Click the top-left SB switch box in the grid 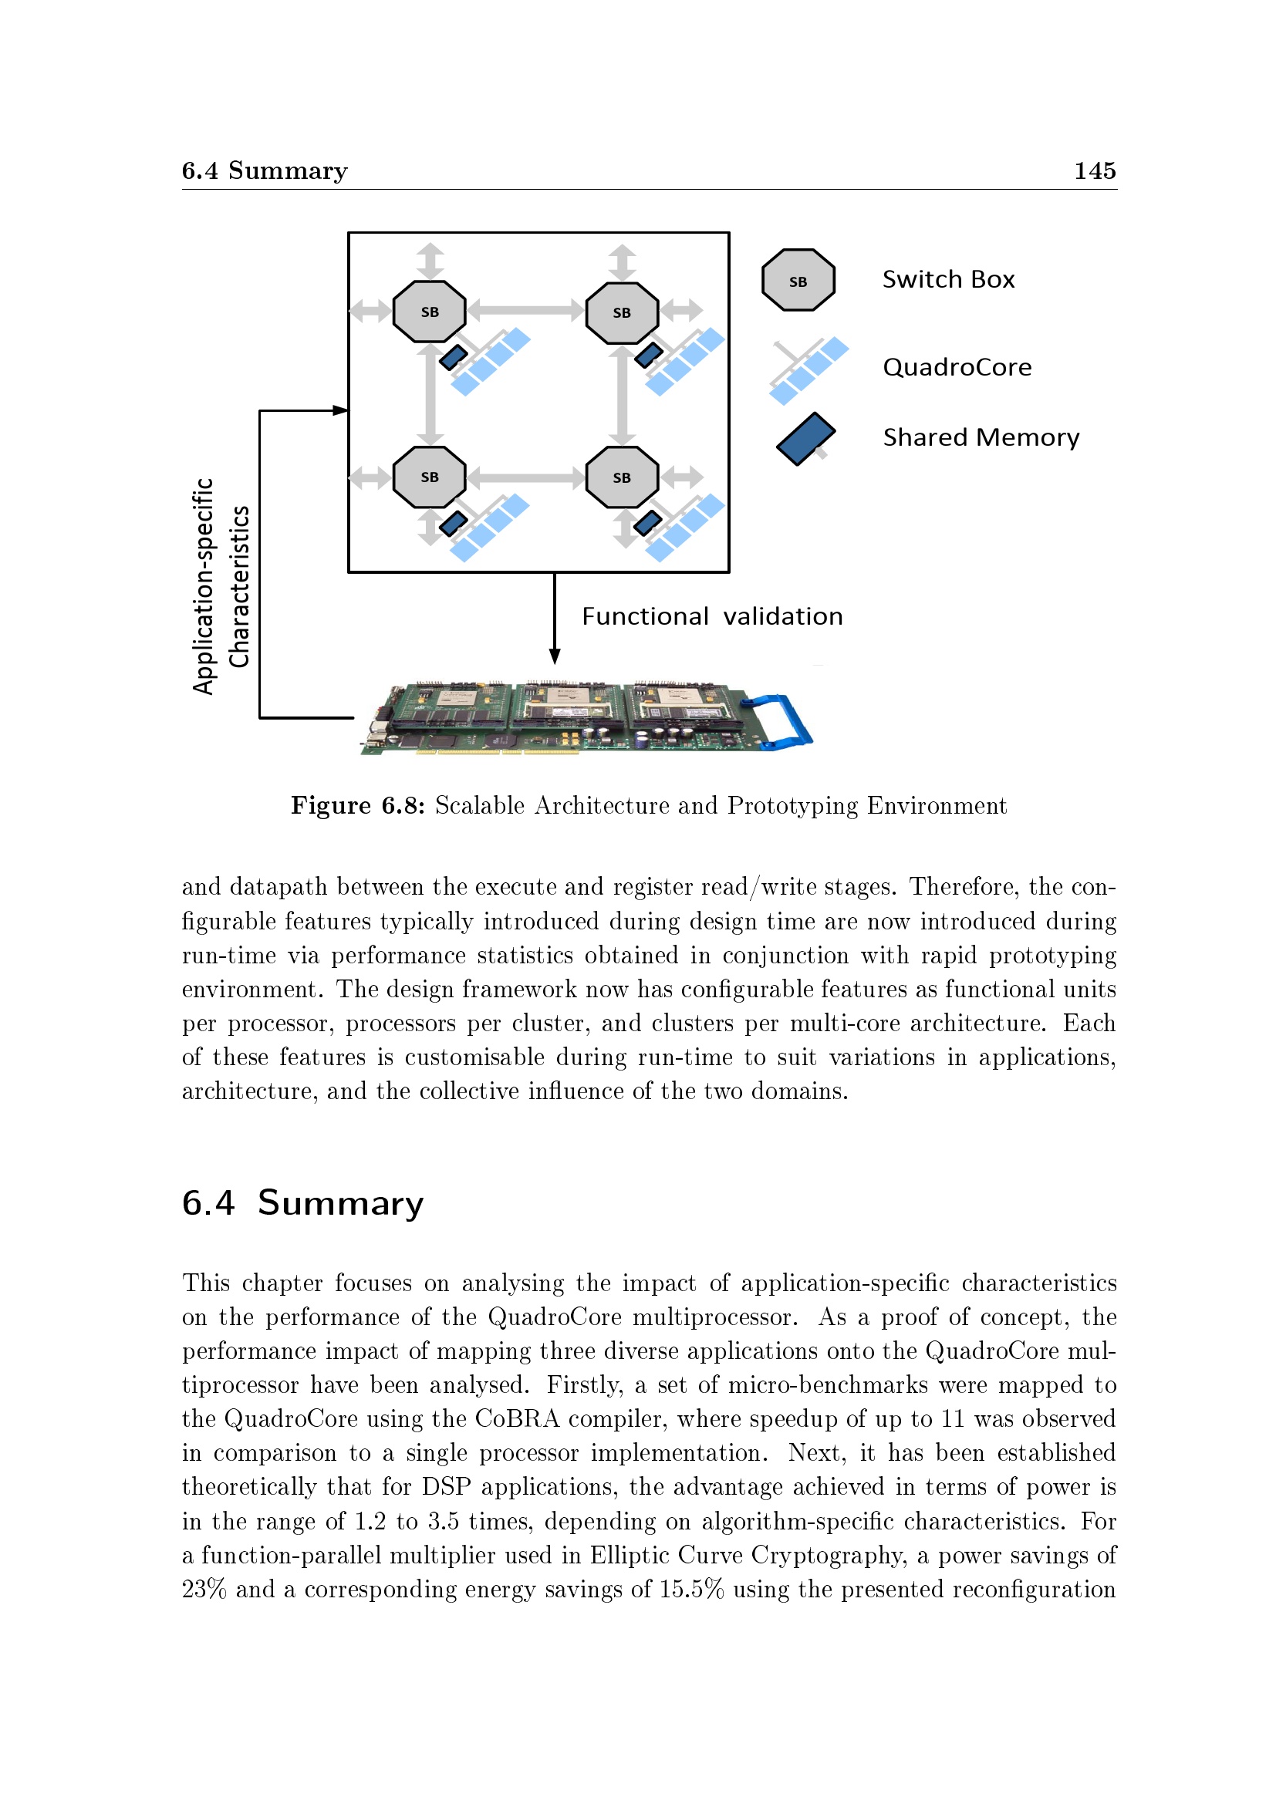429,311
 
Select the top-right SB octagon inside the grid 622,312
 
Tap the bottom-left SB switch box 429,477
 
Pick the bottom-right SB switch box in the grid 622,477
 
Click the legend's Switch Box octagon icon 798,281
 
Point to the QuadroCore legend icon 808,370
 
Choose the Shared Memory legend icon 805,438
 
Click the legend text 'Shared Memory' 981,437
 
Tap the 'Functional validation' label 712,616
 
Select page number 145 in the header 1095,170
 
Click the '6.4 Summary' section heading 302,1203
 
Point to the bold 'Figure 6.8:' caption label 357,805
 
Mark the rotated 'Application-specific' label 204,586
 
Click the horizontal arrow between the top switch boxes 525,310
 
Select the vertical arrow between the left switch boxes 430,394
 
